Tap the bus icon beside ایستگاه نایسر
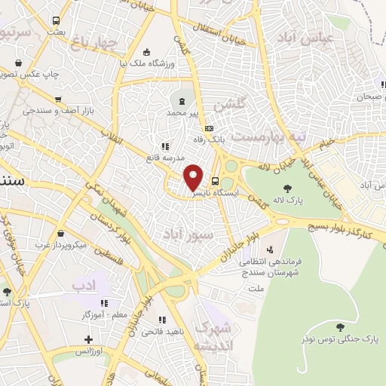click(x=216, y=181)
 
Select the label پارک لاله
click(x=286, y=200)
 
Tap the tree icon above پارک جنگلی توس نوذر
click(x=341, y=327)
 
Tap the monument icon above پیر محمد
click(x=182, y=100)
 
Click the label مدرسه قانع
click(x=165, y=158)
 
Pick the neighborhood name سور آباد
click(x=182, y=234)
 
